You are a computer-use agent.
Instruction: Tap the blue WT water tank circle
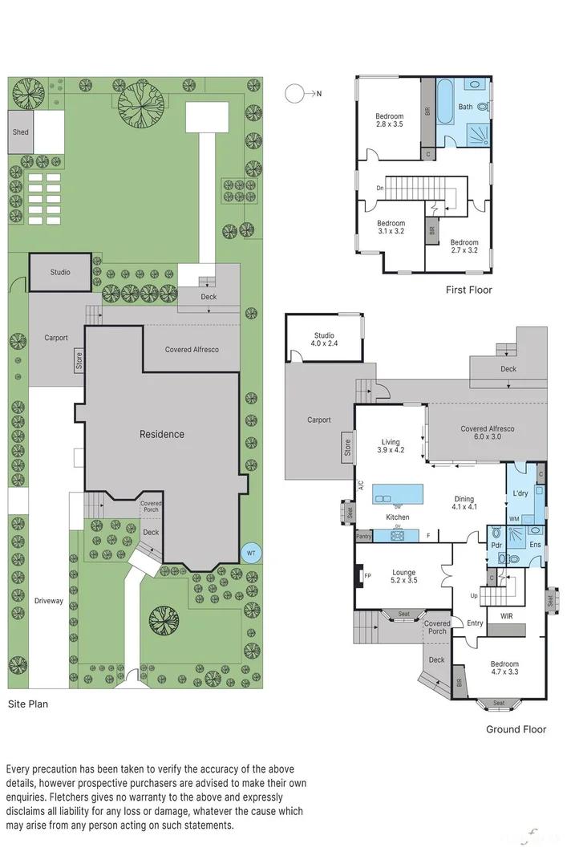click(x=251, y=554)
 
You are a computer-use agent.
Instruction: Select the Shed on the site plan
click(x=20, y=132)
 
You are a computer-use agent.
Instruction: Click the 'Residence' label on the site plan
click(x=162, y=434)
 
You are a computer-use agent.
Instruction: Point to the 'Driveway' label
click(x=48, y=601)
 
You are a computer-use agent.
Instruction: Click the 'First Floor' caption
click(x=469, y=290)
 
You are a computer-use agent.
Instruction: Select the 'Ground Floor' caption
click(x=516, y=729)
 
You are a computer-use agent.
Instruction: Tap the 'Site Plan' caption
click(x=28, y=704)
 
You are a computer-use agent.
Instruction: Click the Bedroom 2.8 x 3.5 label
click(x=390, y=120)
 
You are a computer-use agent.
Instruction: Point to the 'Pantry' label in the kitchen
click(x=363, y=536)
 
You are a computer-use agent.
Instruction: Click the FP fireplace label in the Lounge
click(x=367, y=576)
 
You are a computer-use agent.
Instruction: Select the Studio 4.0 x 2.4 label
click(x=324, y=339)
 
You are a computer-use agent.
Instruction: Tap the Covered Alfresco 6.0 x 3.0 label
click(x=487, y=433)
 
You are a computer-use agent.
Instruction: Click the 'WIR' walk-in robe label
click(x=506, y=617)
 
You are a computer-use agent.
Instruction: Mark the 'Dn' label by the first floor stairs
click(x=379, y=189)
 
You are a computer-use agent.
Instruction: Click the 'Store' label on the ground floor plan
click(x=347, y=447)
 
